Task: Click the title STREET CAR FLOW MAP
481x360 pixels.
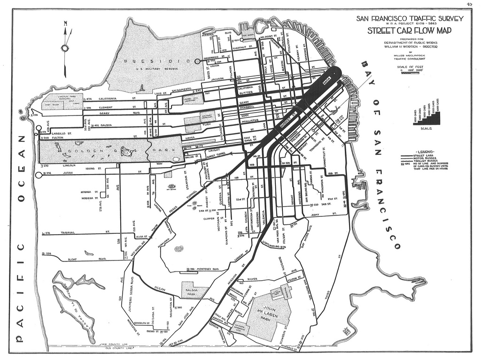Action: tap(410, 31)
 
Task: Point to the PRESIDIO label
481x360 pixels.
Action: tap(155, 61)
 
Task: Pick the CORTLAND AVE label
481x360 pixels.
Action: tap(272, 244)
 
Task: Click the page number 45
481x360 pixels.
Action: tap(469, 4)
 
